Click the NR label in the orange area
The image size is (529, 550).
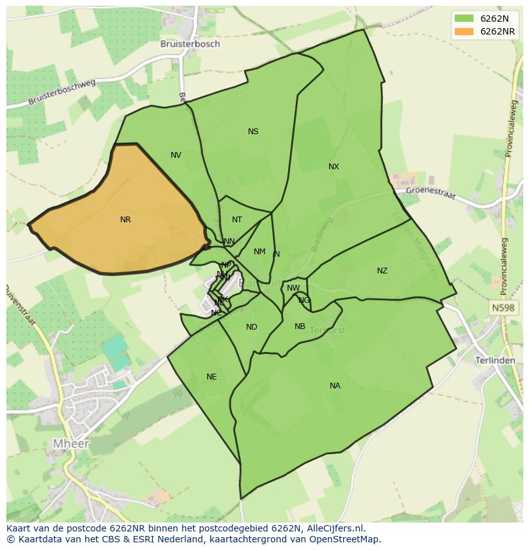tap(125, 220)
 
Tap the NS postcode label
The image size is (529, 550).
tap(253, 132)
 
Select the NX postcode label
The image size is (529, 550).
tap(333, 167)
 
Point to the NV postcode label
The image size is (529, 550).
tap(176, 155)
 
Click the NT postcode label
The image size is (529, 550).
tap(237, 220)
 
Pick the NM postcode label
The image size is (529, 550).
tap(259, 252)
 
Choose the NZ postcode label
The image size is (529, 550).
tap(382, 271)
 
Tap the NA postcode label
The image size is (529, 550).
tap(335, 386)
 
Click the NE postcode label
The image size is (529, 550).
tap(211, 377)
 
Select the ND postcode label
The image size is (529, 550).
tap(252, 327)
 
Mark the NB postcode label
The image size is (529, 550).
tap(300, 326)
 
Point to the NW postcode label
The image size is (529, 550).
tap(293, 288)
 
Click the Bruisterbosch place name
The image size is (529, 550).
tap(190, 44)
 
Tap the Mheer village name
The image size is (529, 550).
tap(71, 443)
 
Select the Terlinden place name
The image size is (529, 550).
tap(495, 360)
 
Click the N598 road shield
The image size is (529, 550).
tap(503, 308)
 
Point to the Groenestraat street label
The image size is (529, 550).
tap(431, 192)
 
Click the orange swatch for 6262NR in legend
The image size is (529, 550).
tap(464, 31)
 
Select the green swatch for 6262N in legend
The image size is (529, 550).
tap(464, 19)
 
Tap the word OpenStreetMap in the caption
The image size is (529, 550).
tap(344, 539)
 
